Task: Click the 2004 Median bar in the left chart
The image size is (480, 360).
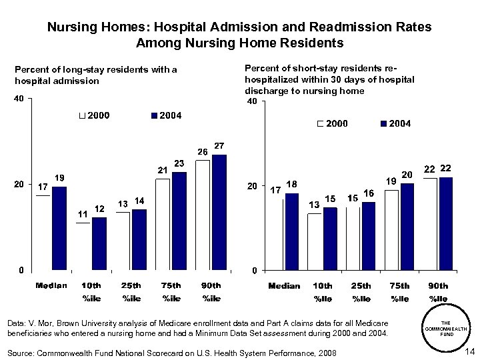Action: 59,228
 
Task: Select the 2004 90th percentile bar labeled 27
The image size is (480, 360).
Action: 219,212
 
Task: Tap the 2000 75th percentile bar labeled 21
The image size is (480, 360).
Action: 163,224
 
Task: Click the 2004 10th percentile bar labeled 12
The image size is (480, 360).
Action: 99,243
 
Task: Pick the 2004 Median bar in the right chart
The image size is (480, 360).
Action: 292,231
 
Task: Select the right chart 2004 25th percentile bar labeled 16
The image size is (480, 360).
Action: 369,236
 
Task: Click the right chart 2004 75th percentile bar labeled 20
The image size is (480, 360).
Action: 407,227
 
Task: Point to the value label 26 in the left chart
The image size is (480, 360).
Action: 203,151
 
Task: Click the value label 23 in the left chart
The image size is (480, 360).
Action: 179,163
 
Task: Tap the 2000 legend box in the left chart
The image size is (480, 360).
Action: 81,116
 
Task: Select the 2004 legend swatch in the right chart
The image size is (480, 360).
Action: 383,124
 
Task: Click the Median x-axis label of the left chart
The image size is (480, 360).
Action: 51,285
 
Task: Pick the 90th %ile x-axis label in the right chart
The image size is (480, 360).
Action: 438,291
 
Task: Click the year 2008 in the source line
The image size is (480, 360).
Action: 325,352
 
